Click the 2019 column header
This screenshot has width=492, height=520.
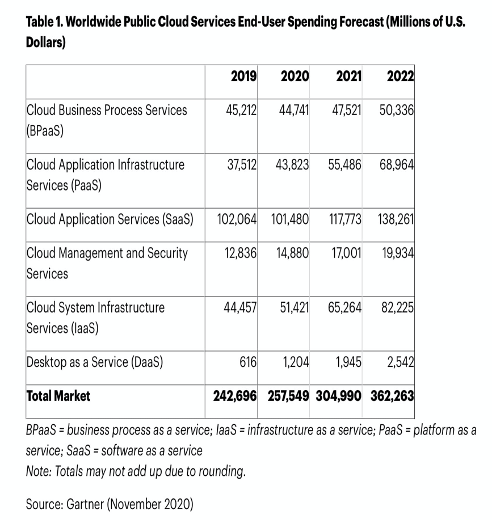(x=244, y=76)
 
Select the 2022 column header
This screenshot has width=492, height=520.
(x=400, y=76)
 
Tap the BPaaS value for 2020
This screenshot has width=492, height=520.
(x=294, y=109)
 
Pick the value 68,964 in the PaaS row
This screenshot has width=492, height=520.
(x=397, y=165)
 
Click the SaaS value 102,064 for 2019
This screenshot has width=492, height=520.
(x=237, y=219)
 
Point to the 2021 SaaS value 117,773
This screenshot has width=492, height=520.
(x=345, y=219)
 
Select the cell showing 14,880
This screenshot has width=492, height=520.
(x=293, y=253)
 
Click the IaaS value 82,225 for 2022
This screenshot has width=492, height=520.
(x=397, y=307)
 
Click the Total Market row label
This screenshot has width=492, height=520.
(x=58, y=396)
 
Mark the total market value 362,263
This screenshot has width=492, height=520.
(x=392, y=396)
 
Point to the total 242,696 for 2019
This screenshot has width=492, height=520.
(x=235, y=396)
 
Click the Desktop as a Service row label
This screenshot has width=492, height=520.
(x=95, y=362)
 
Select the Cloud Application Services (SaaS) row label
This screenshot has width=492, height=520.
(x=110, y=219)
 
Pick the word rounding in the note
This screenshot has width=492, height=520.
(x=220, y=471)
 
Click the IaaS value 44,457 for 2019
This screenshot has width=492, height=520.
(x=241, y=307)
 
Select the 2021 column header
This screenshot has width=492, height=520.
(x=348, y=76)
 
